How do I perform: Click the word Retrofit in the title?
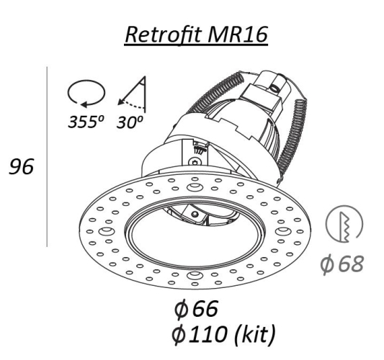164,35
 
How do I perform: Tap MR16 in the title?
237,35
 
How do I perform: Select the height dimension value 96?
22,166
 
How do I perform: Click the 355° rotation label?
86,122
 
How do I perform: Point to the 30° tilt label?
130,122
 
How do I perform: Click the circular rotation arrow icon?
86,94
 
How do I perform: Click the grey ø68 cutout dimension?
342,264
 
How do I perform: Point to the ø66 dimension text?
196,308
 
